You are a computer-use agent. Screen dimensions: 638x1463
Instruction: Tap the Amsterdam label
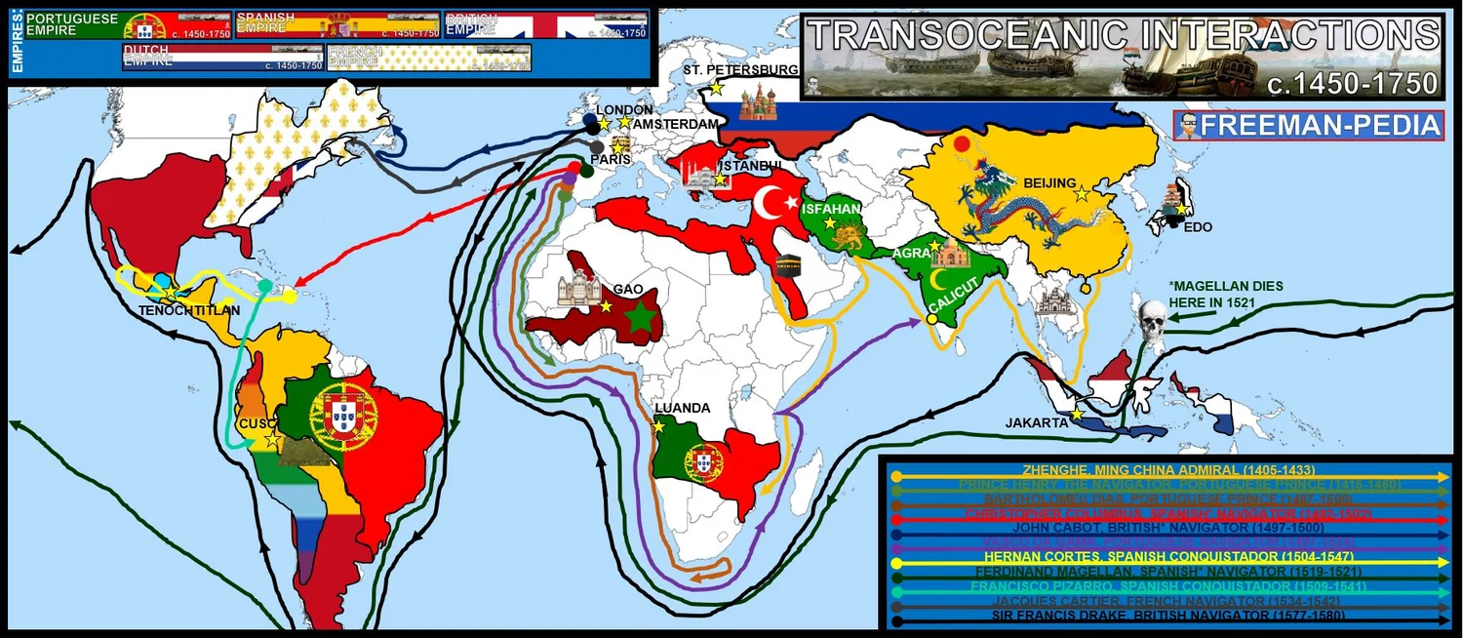pyautogui.click(x=676, y=125)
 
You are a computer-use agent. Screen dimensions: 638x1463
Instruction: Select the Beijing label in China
pyautogui.click(x=1048, y=183)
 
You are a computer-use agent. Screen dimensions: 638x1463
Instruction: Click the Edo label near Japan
pyautogui.click(x=1197, y=226)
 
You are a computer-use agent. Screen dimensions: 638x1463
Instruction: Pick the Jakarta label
pyautogui.click(x=1037, y=422)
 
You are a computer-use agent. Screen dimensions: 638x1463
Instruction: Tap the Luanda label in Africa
pyautogui.click(x=683, y=408)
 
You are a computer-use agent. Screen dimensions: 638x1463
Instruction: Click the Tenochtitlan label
pyautogui.click(x=177, y=309)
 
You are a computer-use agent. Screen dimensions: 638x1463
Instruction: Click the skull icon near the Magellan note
pyautogui.click(x=1152, y=325)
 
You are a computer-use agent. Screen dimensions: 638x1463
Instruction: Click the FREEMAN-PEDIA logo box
pyautogui.click(x=1309, y=126)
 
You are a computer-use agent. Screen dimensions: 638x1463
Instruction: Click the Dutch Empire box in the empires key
pyautogui.click(x=222, y=58)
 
